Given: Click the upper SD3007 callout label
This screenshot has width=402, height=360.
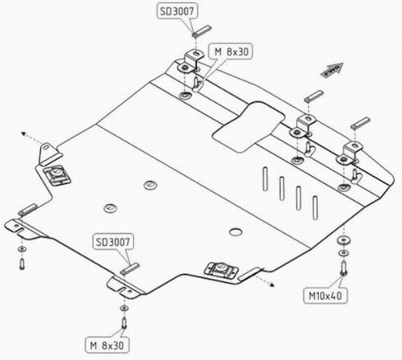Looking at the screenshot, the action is [177, 11].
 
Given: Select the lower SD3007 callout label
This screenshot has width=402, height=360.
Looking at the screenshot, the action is [113, 242].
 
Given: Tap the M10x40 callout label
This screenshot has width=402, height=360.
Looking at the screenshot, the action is [325, 296].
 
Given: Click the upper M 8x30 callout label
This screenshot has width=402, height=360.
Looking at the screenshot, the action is [232, 51].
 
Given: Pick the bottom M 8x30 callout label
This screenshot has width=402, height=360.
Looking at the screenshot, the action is [107, 345].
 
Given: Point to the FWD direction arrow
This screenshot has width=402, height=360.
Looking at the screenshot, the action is [332, 70].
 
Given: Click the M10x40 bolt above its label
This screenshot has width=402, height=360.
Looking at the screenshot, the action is [343, 268].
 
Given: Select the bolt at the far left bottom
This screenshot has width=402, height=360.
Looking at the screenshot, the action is [22, 264].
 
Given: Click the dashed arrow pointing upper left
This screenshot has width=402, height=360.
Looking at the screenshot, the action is [31, 138].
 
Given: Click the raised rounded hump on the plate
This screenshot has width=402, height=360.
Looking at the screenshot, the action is [248, 127].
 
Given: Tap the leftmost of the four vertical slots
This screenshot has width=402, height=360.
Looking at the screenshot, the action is [265, 179].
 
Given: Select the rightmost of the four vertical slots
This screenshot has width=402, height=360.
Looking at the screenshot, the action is [315, 208].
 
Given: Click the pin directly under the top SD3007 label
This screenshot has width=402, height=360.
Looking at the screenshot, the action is [202, 31].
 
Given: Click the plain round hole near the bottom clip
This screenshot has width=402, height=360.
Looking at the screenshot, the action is [236, 232].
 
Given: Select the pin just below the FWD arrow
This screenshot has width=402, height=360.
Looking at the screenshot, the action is [314, 96].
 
